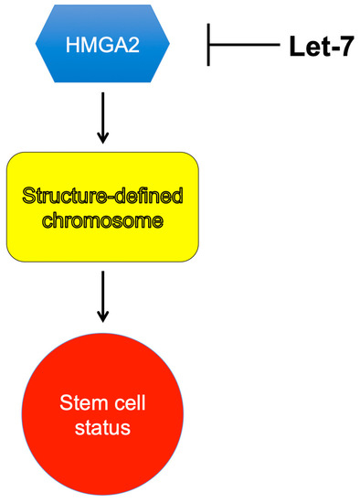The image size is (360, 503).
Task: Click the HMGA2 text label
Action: [103, 44]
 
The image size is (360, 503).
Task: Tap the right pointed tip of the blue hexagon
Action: [171, 44]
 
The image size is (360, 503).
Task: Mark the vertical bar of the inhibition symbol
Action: [210, 44]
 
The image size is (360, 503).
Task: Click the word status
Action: [102, 427]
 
